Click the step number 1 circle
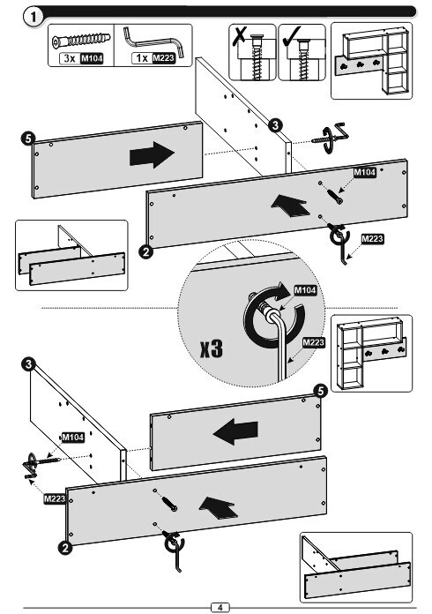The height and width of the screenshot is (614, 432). pyautogui.click(x=34, y=17)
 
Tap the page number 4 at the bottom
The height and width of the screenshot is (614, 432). pyautogui.click(x=220, y=607)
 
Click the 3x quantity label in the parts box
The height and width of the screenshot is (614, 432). pyautogui.click(x=70, y=58)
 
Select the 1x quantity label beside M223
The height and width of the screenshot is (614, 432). pyautogui.click(x=141, y=58)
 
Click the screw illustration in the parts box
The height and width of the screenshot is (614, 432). pyautogui.click(x=81, y=40)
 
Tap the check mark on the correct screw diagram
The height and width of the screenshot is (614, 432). pyautogui.click(x=291, y=35)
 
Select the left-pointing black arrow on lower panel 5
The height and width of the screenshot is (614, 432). pyautogui.click(x=235, y=431)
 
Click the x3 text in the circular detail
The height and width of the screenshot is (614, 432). pyautogui.click(x=212, y=348)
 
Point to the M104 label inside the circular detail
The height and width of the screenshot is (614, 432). pyautogui.click(x=305, y=290)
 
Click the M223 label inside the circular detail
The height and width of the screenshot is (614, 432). pyautogui.click(x=314, y=343)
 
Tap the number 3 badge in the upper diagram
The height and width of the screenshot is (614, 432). pyautogui.click(x=275, y=125)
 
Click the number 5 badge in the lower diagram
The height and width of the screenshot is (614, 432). pyautogui.click(x=321, y=391)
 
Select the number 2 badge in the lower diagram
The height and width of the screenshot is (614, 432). pyautogui.click(x=65, y=547)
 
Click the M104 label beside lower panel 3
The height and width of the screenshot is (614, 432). pyautogui.click(x=73, y=437)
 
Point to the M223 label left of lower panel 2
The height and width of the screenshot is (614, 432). pyautogui.click(x=55, y=499)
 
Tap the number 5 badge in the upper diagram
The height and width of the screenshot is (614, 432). pyautogui.click(x=28, y=139)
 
